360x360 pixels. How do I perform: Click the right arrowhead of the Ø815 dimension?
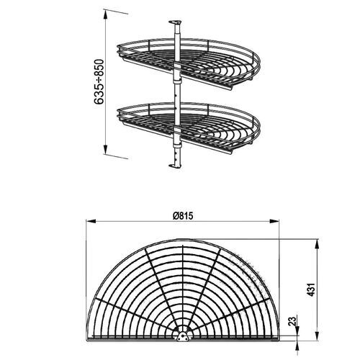tap(280, 222)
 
